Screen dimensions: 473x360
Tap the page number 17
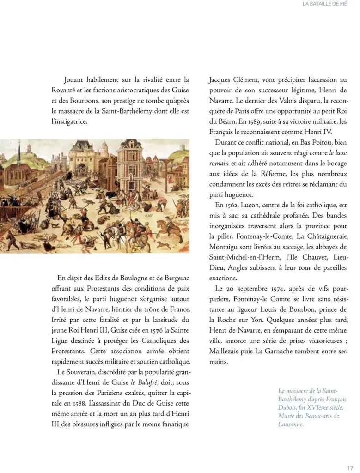tap(350, 467)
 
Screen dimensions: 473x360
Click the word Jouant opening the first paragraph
tap(76, 79)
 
